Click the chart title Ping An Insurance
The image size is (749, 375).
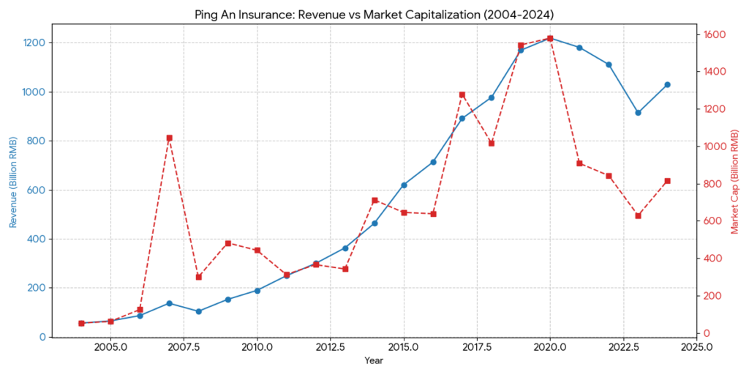(x=374, y=15)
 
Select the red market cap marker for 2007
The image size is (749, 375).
(x=169, y=138)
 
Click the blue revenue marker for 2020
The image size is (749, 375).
(x=550, y=38)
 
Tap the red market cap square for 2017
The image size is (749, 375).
(x=462, y=94)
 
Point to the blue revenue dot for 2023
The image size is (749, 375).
(x=638, y=113)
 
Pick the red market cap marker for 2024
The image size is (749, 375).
(x=667, y=181)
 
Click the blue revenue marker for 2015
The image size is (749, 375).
(x=404, y=185)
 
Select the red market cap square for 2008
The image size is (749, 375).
(x=198, y=277)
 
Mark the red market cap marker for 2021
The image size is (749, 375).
(x=579, y=163)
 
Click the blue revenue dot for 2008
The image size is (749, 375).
(x=198, y=311)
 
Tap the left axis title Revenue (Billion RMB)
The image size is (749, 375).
(x=13, y=180)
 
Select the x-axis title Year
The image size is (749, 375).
(x=374, y=361)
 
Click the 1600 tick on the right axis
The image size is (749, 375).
(x=715, y=34)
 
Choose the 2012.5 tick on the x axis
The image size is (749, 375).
(x=330, y=346)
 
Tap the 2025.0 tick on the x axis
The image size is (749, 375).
(x=696, y=346)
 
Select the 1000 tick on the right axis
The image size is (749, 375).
(x=715, y=146)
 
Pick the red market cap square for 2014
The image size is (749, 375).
(x=374, y=200)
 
